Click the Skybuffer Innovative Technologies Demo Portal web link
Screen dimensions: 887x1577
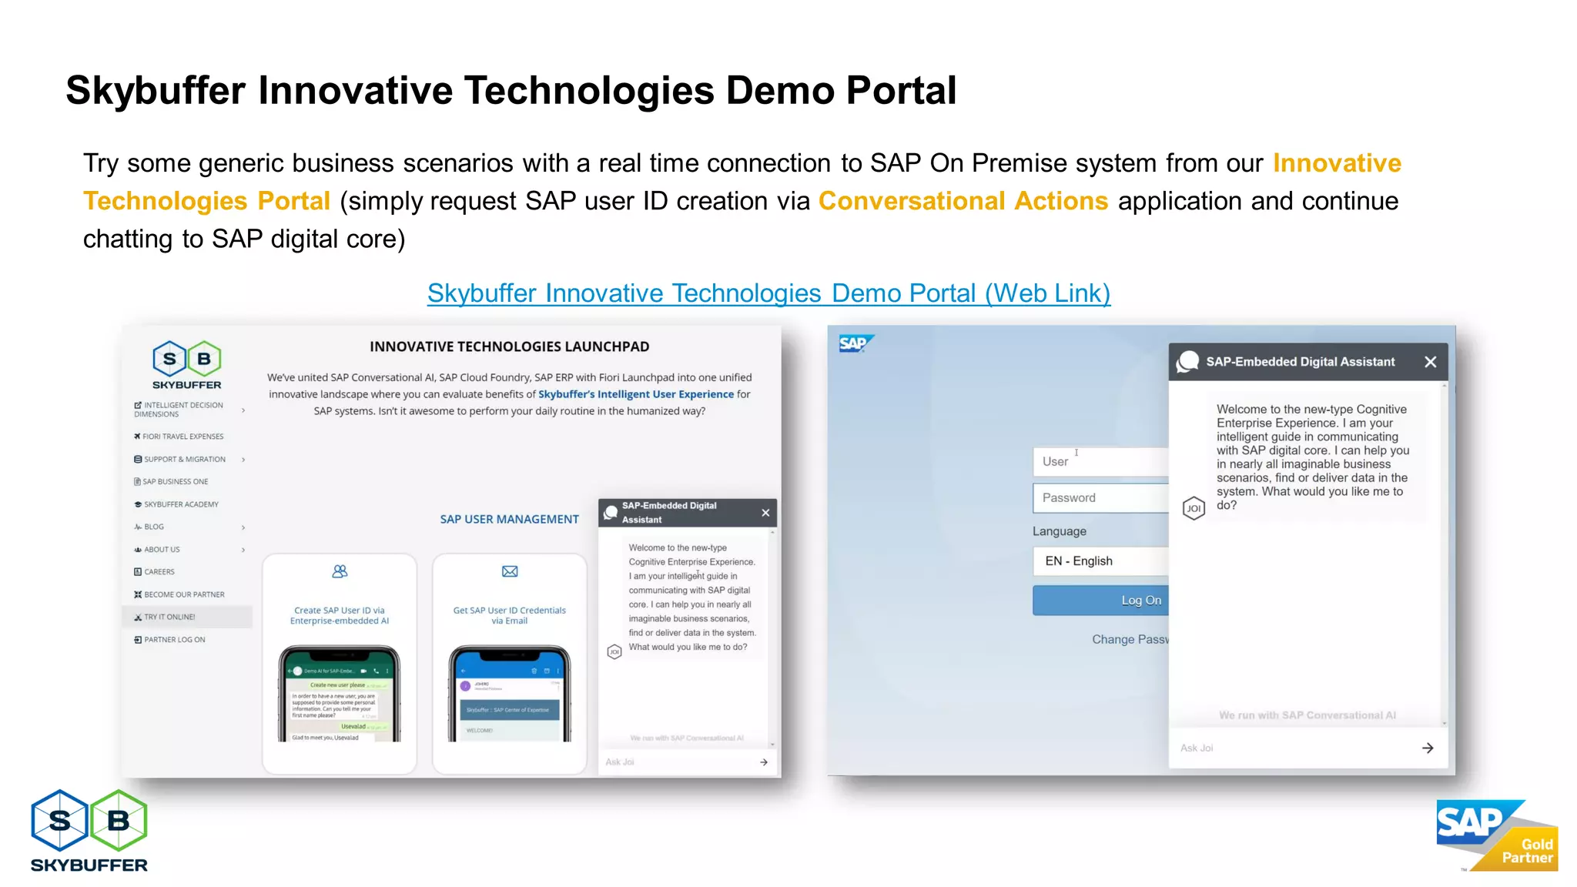click(768, 293)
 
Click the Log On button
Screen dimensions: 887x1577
click(1101, 601)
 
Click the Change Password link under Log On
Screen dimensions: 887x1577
click(1130, 640)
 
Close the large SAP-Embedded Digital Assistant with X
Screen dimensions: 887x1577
click(1430, 362)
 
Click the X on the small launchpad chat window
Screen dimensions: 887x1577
click(765, 513)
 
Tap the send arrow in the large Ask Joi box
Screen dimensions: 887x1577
click(1428, 748)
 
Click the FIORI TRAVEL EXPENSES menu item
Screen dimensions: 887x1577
click(182, 437)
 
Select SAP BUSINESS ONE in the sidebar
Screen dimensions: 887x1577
click(175, 482)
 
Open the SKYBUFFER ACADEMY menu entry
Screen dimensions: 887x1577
click(181, 504)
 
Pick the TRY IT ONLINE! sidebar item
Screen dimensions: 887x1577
click(169, 617)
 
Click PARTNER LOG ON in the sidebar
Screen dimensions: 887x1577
click(174, 640)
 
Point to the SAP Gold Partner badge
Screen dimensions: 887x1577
click(1495, 835)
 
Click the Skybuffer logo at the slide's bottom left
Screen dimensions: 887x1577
click(89, 831)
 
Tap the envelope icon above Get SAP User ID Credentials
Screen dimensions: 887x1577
click(510, 571)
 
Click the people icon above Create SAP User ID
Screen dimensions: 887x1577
click(340, 571)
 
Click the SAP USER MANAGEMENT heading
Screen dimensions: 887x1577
click(509, 520)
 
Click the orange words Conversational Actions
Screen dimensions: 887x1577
click(963, 201)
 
